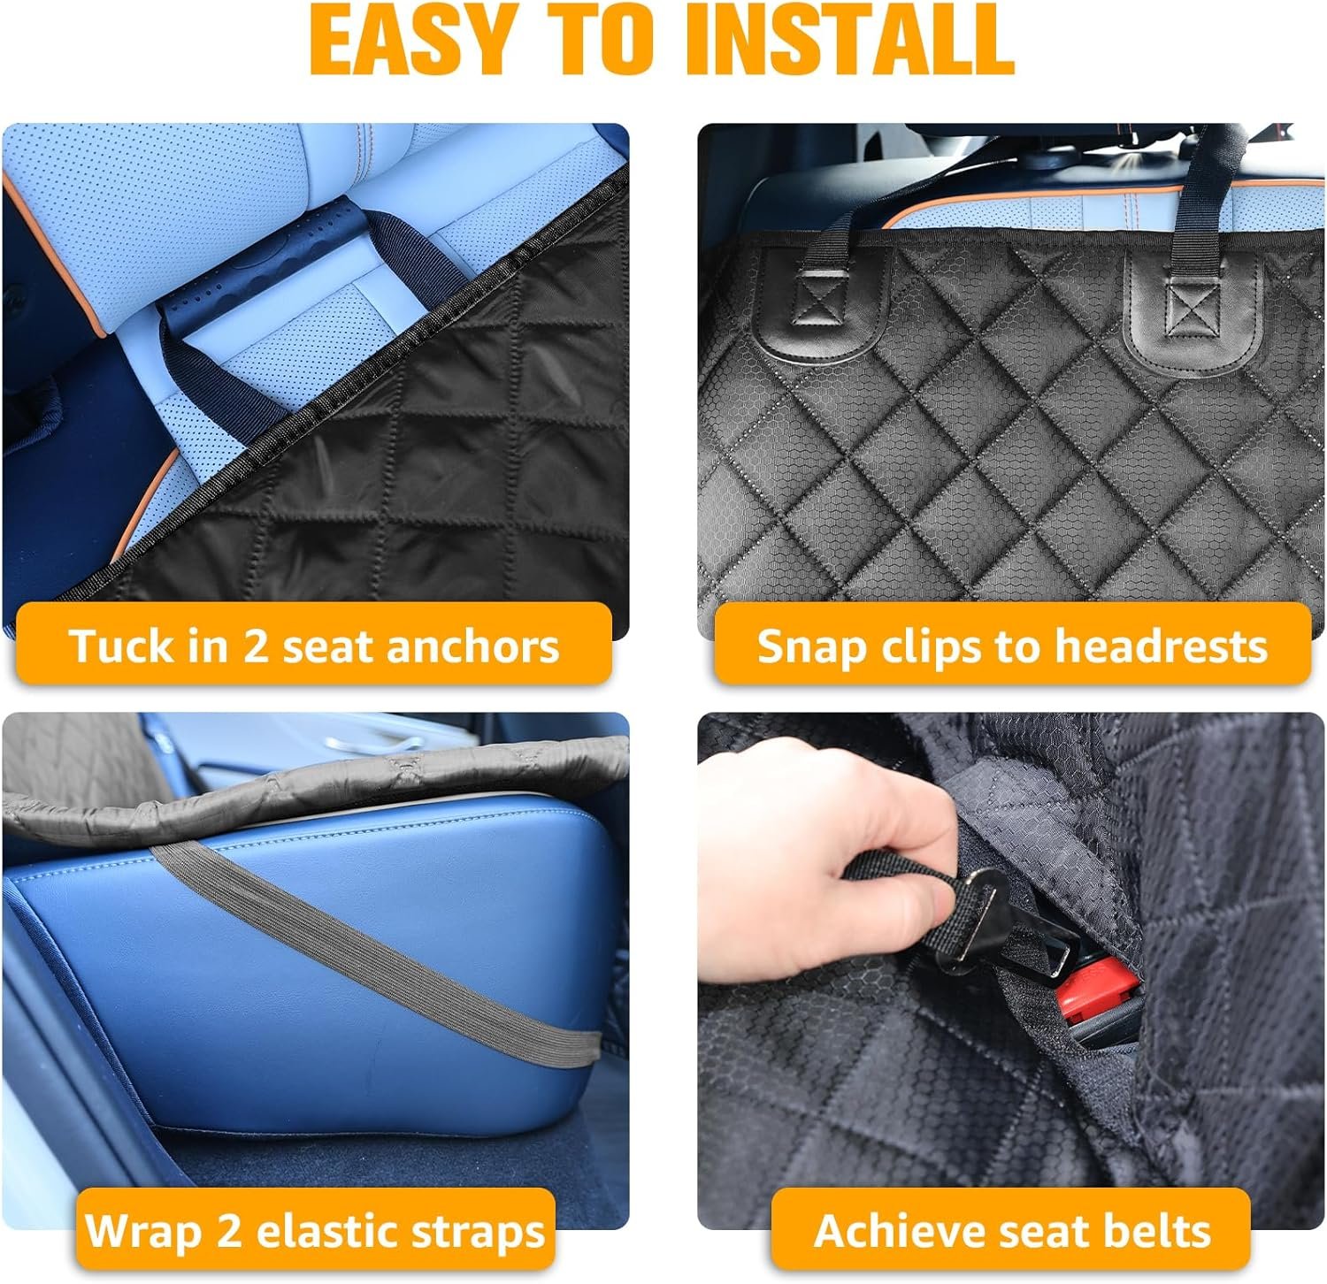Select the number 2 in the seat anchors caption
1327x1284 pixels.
pyautogui.click(x=255, y=646)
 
